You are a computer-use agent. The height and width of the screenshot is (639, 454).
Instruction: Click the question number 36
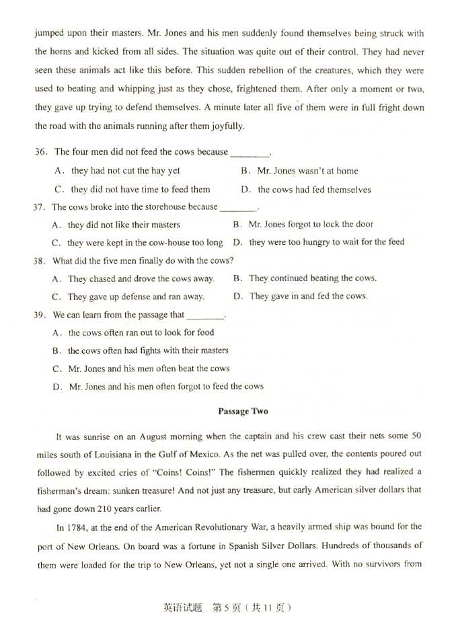(42, 152)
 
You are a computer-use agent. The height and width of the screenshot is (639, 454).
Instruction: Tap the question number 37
(39, 207)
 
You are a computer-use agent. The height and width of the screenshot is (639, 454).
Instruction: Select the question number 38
(39, 261)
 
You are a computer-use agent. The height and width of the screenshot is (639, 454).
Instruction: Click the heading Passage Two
(243, 411)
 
